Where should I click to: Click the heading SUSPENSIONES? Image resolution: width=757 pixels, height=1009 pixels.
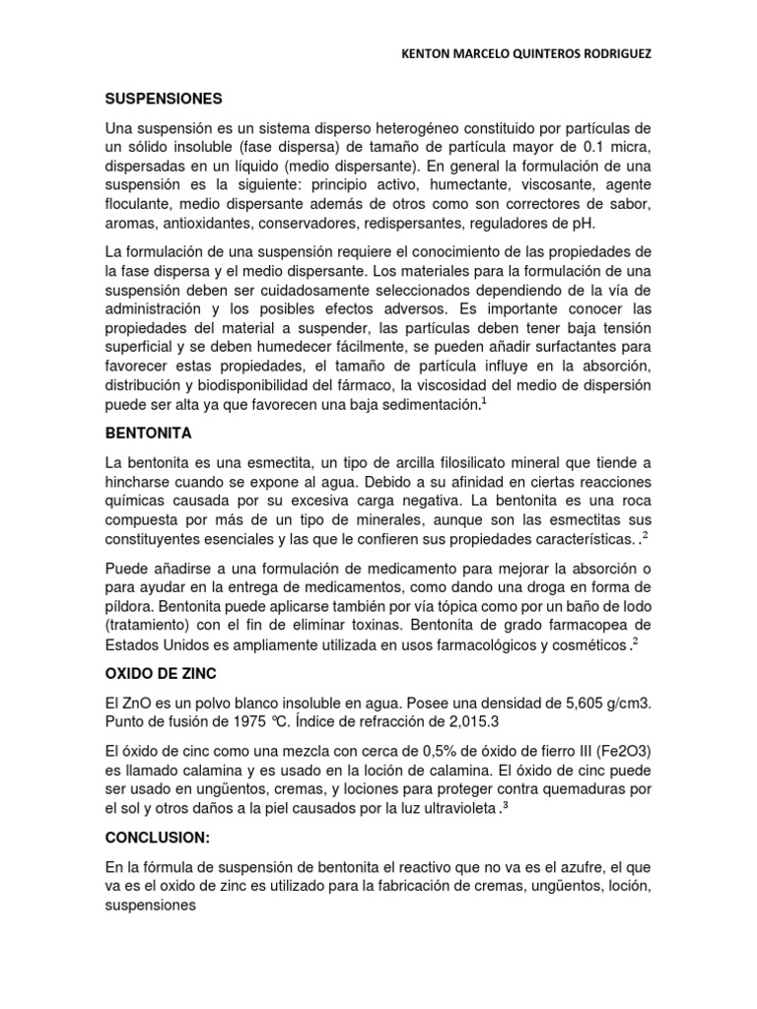[164, 100]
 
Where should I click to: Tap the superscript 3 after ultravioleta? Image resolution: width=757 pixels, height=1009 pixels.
[505, 803]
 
